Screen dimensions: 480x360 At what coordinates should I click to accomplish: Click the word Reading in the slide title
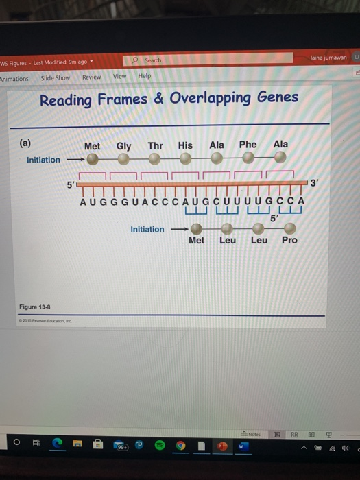[x=66, y=100]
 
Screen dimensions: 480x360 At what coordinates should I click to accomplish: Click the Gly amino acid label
[x=124, y=146]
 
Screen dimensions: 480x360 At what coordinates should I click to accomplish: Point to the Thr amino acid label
[x=155, y=146]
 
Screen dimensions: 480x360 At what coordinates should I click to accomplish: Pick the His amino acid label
[x=185, y=145]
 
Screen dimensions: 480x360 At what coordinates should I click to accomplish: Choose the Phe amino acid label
[x=248, y=145]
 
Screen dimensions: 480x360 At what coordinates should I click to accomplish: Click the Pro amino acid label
[x=289, y=240]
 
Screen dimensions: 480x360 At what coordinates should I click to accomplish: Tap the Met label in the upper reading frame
[x=92, y=147]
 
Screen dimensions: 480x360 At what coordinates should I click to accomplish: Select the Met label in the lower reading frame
[x=196, y=240]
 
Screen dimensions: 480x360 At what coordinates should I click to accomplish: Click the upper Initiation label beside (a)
[x=43, y=160]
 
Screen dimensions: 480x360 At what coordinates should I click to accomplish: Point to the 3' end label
[x=314, y=183]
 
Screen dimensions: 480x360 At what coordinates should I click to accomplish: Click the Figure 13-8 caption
[x=35, y=307]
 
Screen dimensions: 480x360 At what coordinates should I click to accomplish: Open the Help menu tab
[x=144, y=75]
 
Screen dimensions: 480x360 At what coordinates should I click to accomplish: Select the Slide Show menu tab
[x=55, y=77]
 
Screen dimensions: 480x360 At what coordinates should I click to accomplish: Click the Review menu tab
[x=91, y=77]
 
